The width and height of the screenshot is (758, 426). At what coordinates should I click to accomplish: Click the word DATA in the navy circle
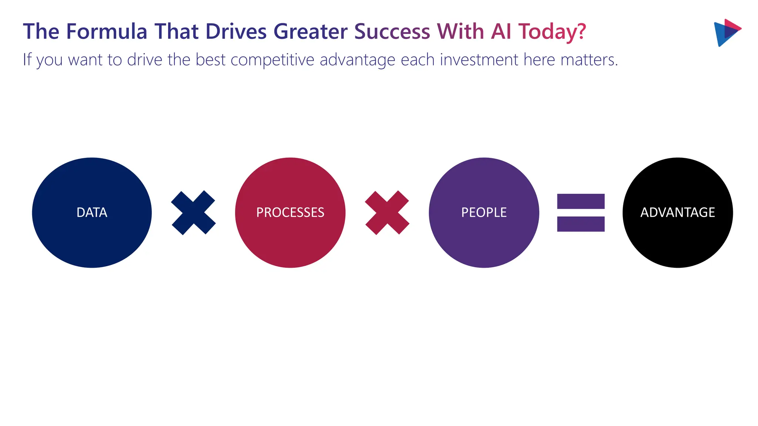click(x=92, y=213)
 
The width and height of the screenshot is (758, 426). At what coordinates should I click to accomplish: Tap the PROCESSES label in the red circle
click(x=290, y=213)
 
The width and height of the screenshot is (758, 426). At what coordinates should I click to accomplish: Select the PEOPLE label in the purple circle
click(x=484, y=213)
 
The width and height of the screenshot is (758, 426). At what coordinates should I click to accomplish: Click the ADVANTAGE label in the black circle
click(x=677, y=213)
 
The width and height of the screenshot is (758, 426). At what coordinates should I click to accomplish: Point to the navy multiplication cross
click(x=193, y=213)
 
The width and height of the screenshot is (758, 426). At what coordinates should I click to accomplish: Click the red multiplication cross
click(x=387, y=213)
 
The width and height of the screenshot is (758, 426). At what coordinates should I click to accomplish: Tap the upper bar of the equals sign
click(x=581, y=202)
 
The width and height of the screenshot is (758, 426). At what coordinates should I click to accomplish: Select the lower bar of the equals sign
click(x=581, y=224)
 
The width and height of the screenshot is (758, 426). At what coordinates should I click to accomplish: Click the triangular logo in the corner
click(x=726, y=33)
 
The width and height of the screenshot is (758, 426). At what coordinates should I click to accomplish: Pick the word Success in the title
click(x=392, y=31)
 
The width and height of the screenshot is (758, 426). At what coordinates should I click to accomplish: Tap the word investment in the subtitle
click(x=479, y=60)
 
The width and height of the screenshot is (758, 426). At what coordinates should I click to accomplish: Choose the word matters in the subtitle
click(x=588, y=60)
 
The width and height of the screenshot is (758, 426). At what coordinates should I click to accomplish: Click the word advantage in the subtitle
click(x=358, y=60)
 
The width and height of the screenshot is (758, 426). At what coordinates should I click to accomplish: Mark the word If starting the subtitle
click(x=27, y=60)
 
